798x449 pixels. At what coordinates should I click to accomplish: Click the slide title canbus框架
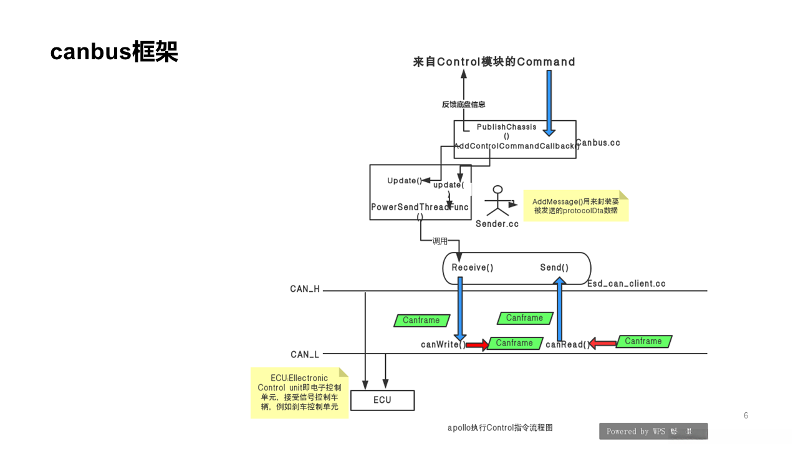point(114,52)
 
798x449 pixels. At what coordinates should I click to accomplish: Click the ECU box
point(382,400)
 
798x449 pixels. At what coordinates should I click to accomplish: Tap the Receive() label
point(473,268)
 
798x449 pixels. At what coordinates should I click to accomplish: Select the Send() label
point(554,268)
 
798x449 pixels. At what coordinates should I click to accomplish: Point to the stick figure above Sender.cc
point(498,201)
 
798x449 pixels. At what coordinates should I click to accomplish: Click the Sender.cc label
point(497,224)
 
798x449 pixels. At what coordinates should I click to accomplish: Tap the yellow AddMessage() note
point(575,206)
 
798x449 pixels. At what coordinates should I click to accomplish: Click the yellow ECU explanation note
point(299,392)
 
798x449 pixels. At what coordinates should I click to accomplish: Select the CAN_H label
point(305,289)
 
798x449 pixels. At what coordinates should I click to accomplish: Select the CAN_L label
point(305,354)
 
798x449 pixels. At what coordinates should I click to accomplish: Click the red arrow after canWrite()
point(477,344)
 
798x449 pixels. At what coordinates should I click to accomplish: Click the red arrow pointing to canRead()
point(602,343)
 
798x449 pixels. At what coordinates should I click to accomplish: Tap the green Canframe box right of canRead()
point(643,341)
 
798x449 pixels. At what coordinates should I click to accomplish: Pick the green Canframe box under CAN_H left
point(421,321)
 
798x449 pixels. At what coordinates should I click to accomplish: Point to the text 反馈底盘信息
point(463,105)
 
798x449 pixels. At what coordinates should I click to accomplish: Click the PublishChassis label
point(506,127)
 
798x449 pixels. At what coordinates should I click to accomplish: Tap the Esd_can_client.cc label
point(627,284)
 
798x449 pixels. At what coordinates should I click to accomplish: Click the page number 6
point(746,415)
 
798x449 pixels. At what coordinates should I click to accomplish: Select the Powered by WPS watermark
point(653,431)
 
